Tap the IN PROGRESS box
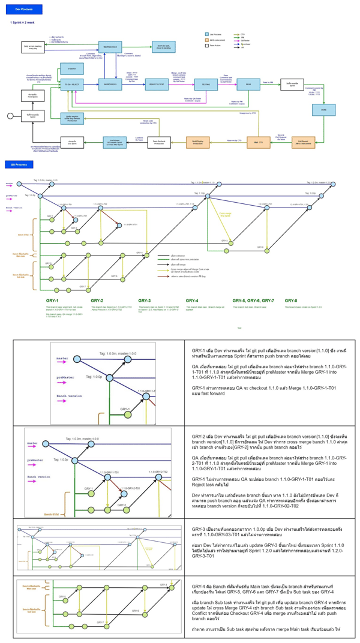click(110, 85)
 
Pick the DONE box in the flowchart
click(323, 110)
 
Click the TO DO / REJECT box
click(71, 85)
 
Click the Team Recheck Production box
click(158, 142)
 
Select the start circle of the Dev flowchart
click(9, 115)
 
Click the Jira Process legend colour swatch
click(207, 35)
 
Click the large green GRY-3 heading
click(144, 300)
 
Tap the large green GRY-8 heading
click(291, 300)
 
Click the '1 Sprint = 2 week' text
click(22, 22)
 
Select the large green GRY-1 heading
click(52, 300)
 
